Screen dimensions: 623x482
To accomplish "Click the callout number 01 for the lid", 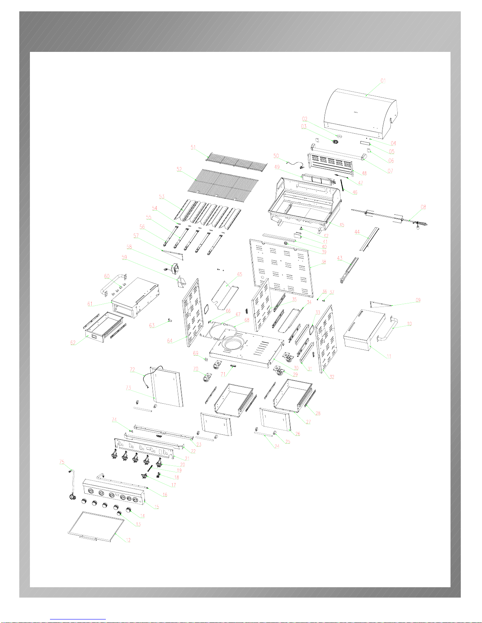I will pos(383,81).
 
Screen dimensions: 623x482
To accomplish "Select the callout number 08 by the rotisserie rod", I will pos(423,207).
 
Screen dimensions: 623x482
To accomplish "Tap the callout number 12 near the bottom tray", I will pos(128,540).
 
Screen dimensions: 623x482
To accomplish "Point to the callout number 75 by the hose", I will pos(62,462).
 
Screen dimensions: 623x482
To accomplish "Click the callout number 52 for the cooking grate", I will pos(179,169).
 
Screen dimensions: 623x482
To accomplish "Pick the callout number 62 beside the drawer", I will pos(73,343).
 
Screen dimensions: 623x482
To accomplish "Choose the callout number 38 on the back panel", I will pos(323,262).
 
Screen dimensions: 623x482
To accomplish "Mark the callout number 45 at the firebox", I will pos(342,225).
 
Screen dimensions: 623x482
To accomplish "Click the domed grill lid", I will pos(360,112).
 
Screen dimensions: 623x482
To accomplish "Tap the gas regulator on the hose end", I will pos(72,497).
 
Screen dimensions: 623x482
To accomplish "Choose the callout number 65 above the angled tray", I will pos(240,274).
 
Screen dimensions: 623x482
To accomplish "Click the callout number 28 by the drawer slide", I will pos(318,413).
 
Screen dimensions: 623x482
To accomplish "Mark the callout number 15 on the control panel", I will pos(156,507).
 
